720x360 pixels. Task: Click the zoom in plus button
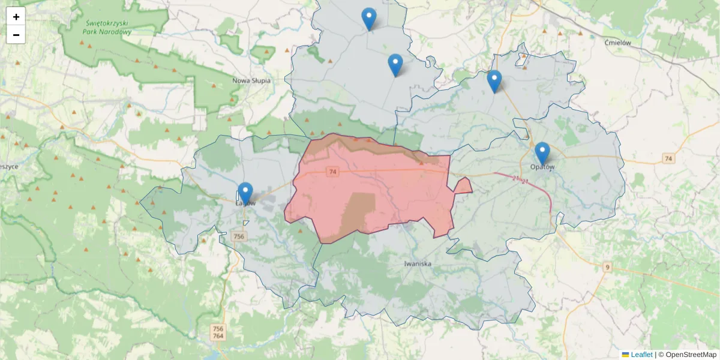pyautogui.click(x=16, y=17)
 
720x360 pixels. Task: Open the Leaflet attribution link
pyautogui.click(x=641, y=355)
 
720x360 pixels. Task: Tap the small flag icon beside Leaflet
pyautogui.click(x=626, y=355)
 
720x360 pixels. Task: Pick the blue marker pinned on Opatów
pyautogui.click(x=542, y=153)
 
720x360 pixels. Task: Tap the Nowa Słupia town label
pyautogui.click(x=251, y=80)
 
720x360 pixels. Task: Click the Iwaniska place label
pyautogui.click(x=419, y=263)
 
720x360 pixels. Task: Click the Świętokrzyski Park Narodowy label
pyautogui.click(x=109, y=28)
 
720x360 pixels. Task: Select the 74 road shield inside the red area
pyautogui.click(x=333, y=172)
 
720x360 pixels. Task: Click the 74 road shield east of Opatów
pyautogui.click(x=668, y=158)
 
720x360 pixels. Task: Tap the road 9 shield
pyautogui.click(x=608, y=266)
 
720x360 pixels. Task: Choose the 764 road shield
pyautogui.click(x=218, y=336)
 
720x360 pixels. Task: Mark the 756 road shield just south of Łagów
pyautogui.click(x=239, y=237)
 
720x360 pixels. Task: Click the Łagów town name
pyautogui.click(x=245, y=203)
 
